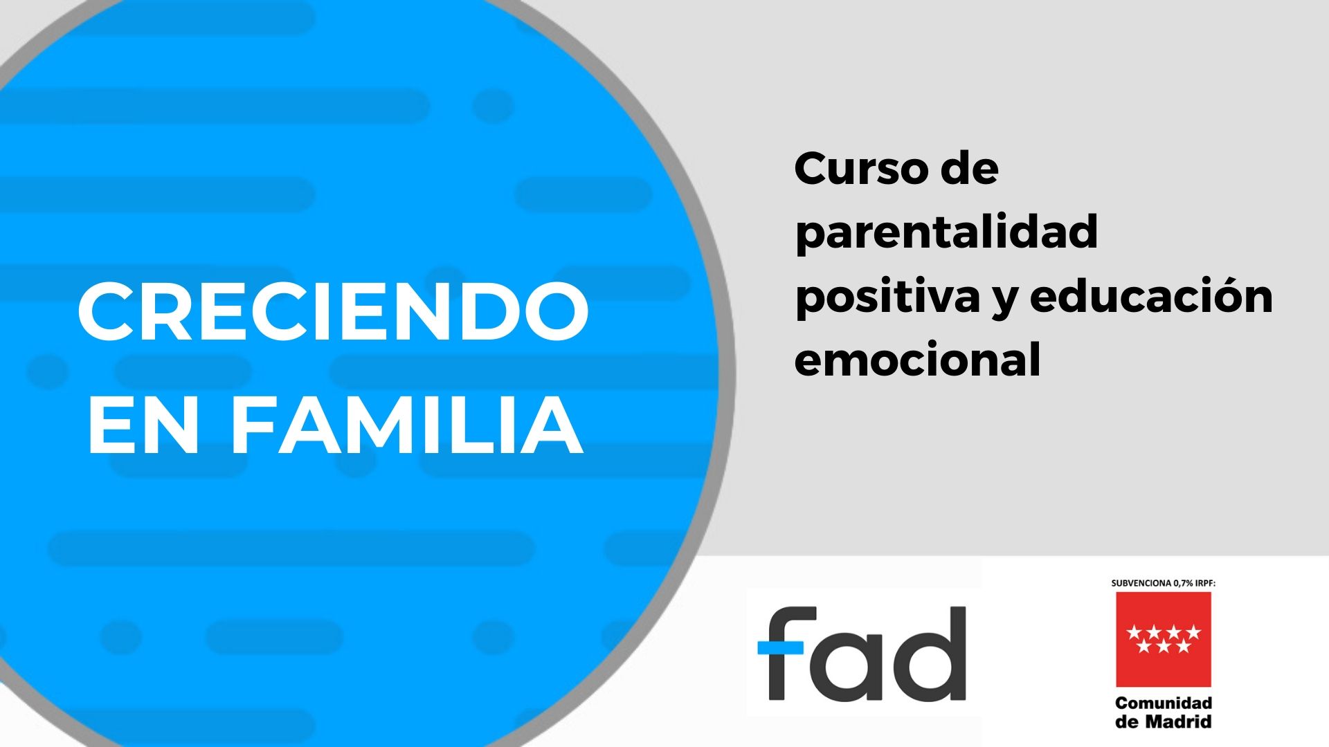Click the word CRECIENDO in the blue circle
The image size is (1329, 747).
[x=333, y=313]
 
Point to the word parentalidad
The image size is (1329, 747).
[x=946, y=232]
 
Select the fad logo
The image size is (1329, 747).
[x=862, y=654]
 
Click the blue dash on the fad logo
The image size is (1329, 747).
[x=780, y=647]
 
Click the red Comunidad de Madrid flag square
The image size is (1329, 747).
[x=1163, y=638]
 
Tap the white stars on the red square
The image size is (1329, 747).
[x=1163, y=638]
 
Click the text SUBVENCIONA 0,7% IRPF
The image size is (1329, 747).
[x=1163, y=583]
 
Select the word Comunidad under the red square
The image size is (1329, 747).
[x=1164, y=703]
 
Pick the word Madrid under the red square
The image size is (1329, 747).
[x=1178, y=722]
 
